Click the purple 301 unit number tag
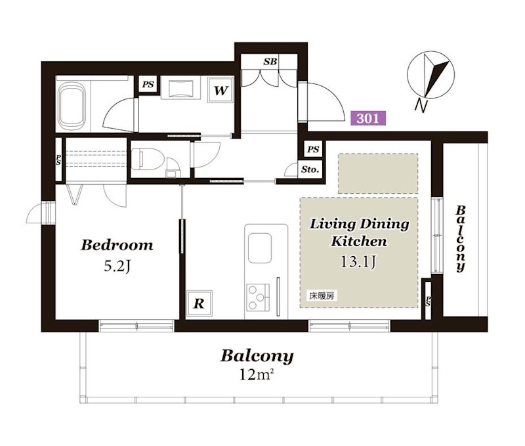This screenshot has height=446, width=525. point(368,118)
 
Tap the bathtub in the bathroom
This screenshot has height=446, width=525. point(72,106)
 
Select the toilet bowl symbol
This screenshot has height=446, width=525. point(146,158)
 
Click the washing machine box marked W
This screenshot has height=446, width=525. point(220,90)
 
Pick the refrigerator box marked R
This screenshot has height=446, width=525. point(199,303)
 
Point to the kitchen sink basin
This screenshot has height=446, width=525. point(259,248)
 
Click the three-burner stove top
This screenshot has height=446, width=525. point(258,296)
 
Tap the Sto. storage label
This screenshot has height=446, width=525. point(310,169)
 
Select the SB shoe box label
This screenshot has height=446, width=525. point(270,62)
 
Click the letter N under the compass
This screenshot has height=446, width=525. point(421,106)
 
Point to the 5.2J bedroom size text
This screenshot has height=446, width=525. point(117,267)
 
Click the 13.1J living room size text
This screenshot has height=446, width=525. point(358,261)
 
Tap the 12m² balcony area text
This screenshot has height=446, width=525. point(255,374)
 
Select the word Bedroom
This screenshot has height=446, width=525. point(117,245)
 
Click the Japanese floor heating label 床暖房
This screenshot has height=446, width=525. point(322,296)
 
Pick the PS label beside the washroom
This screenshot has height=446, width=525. point(148,85)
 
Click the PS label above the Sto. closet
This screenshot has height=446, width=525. point(313,149)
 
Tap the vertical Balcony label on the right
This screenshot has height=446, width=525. point(461,238)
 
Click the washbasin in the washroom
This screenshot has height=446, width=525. point(181,89)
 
